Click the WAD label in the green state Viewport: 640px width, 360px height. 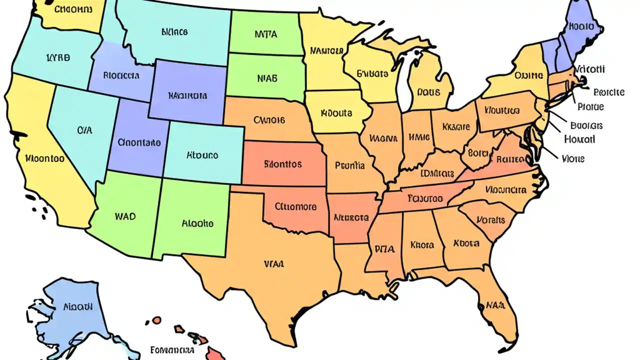click(x=125, y=217)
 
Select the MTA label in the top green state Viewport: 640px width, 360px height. click(x=265, y=35)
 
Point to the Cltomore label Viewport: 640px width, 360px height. click(x=296, y=206)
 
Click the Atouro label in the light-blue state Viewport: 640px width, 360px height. click(x=202, y=155)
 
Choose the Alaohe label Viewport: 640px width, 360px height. click(x=197, y=223)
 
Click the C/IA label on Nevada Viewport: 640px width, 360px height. click(x=85, y=130)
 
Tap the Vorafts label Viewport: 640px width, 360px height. click(x=491, y=219)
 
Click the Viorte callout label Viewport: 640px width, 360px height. click(x=573, y=159)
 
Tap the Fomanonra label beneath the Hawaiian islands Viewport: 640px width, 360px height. click(x=172, y=349)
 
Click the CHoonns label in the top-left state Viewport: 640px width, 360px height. click(x=74, y=9)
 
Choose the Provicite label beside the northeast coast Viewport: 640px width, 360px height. click(x=608, y=92)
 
